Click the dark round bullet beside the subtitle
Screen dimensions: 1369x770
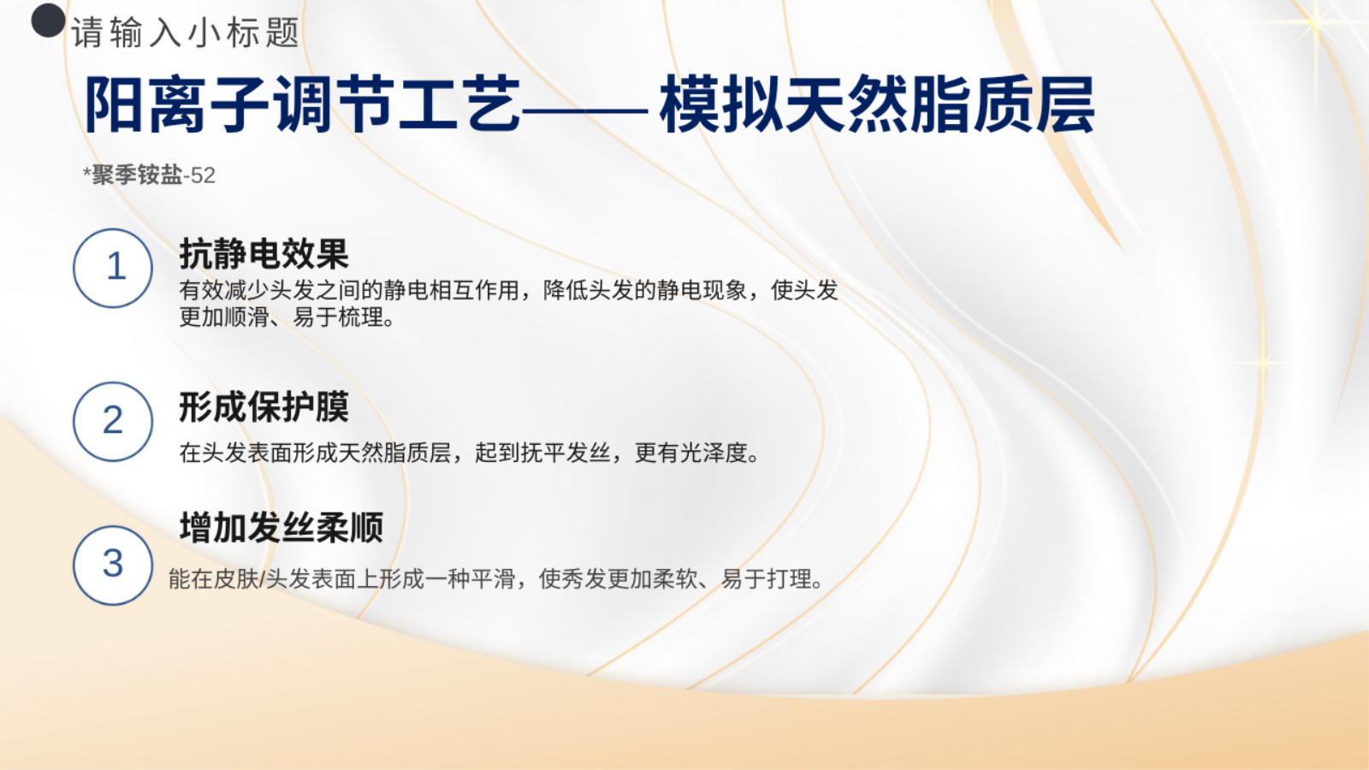point(48,21)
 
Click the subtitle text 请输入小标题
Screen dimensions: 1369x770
point(185,33)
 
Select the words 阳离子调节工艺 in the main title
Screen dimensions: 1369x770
point(303,104)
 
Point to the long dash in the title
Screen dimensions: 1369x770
point(585,111)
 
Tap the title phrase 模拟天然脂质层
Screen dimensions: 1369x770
point(877,104)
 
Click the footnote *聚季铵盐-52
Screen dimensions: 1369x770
point(149,175)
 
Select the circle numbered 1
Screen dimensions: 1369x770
point(113,269)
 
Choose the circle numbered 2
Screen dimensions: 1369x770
point(113,422)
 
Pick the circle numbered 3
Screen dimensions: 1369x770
point(113,566)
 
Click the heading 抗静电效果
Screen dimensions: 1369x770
point(264,253)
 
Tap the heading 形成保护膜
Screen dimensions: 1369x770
point(264,407)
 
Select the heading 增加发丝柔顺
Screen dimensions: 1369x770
point(282,527)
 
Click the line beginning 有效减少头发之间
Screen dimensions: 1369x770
point(508,290)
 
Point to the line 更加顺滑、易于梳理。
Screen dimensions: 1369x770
point(287,317)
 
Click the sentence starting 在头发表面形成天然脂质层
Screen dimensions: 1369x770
point(470,453)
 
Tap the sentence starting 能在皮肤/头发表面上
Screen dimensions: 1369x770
point(496,578)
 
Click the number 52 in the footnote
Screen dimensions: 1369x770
point(203,176)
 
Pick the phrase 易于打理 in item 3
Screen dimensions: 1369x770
point(767,578)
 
